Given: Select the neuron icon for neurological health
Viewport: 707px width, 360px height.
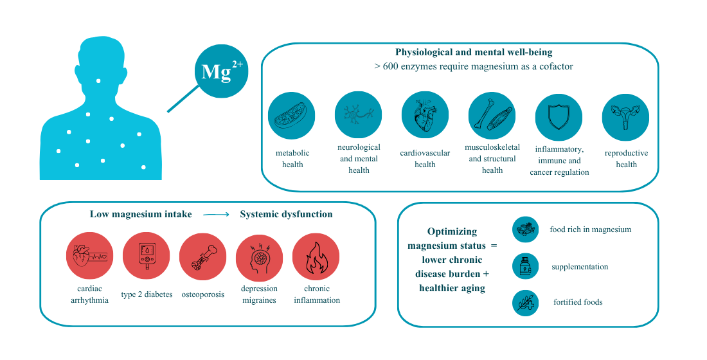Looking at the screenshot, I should click(359, 114).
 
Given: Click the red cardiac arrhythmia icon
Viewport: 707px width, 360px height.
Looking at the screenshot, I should click(90, 255).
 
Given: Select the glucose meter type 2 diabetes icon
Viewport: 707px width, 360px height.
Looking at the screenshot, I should click(147, 255).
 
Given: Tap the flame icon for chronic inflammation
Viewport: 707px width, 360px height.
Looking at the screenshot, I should click(316, 255).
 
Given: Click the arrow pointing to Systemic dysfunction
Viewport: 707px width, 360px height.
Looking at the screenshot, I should click(216, 215).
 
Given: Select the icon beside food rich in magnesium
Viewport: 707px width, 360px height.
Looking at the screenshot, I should click(525, 230).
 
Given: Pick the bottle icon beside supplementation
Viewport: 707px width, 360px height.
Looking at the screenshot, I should click(525, 266).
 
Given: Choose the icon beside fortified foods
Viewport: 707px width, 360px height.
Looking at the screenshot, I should click(525, 302).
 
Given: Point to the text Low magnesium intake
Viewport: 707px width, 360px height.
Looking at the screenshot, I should click(141, 214).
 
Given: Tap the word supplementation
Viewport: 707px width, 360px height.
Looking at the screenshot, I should click(579, 266).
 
